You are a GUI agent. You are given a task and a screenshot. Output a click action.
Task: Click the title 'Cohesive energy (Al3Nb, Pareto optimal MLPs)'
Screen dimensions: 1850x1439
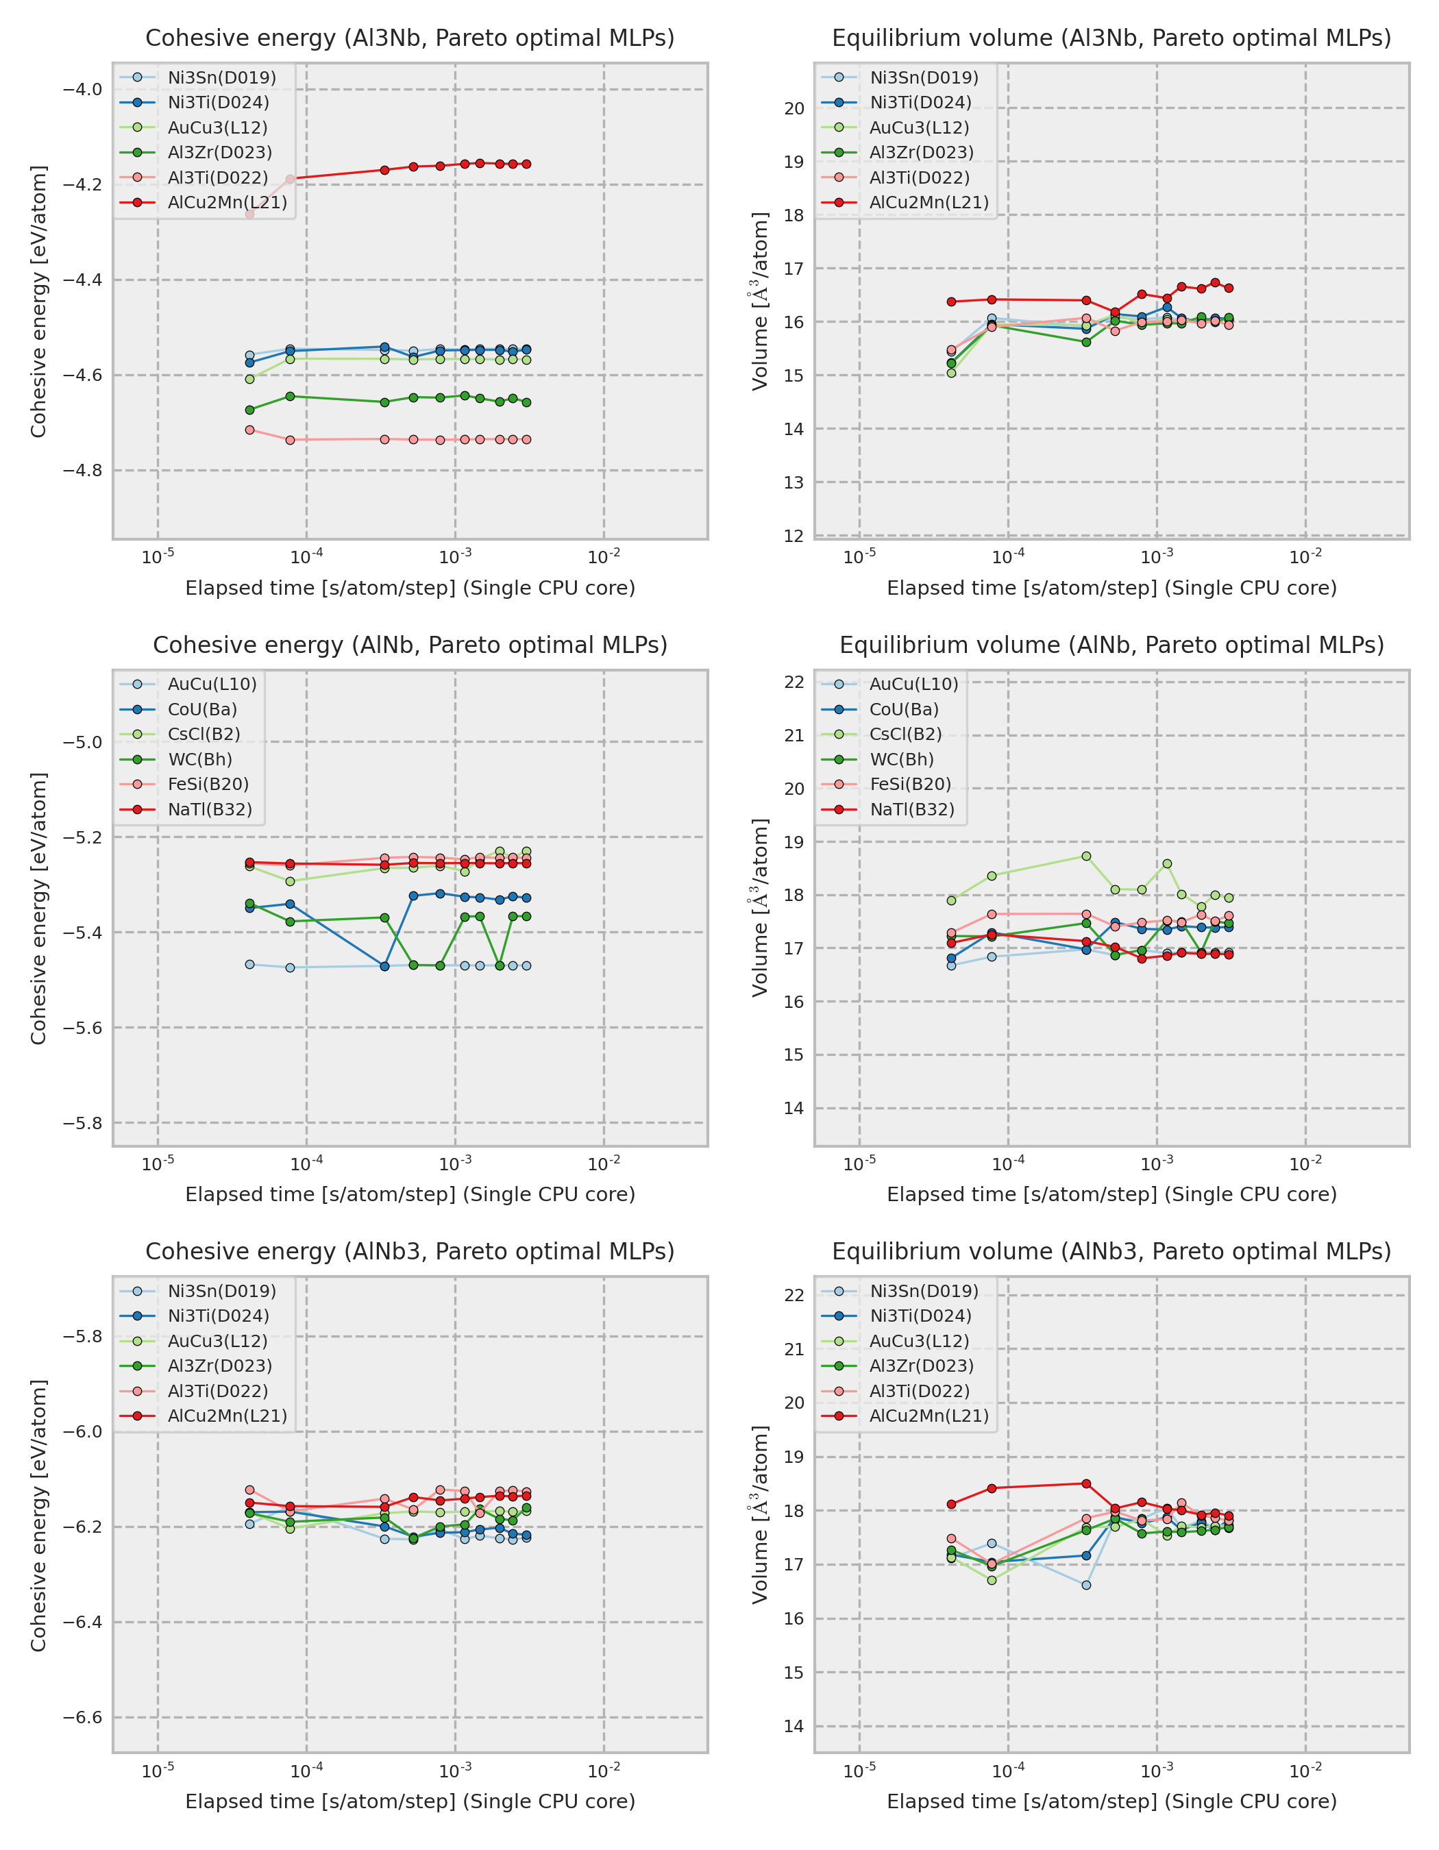(x=410, y=38)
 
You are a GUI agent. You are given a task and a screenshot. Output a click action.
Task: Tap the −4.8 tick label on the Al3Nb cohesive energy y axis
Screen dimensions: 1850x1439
(x=82, y=470)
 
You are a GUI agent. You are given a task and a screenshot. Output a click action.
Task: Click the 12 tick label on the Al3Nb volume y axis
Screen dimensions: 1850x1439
(x=794, y=535)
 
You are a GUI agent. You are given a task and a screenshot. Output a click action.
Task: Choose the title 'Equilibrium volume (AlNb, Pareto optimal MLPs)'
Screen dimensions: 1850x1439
(x=1111, y=645)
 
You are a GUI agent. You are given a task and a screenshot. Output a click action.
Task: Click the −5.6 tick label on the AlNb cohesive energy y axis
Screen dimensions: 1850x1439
(x=82, y=1028)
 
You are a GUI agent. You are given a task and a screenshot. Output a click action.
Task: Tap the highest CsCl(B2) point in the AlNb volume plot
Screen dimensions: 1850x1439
(x=1087, y=856)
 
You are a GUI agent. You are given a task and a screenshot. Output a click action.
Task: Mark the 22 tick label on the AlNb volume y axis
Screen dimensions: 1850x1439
(x=794, y=682)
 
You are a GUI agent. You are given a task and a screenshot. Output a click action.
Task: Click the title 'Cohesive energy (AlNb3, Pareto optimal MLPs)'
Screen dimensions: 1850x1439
(x=410, y=1251)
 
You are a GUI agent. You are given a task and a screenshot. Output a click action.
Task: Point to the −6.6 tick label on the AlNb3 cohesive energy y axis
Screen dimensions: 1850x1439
(x=82, y=1717)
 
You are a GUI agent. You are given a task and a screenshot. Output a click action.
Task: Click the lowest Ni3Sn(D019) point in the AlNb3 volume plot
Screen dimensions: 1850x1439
(x=1087, y=1585)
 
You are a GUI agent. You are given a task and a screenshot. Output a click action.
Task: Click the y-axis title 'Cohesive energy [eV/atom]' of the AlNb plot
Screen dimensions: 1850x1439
(x=38, y=908)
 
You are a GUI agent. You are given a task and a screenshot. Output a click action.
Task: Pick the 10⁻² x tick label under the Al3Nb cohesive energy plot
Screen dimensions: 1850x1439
(x=604, y=557)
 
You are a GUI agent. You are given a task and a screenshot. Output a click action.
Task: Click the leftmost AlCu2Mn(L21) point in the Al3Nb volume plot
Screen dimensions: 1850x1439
(x=951, y=301)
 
